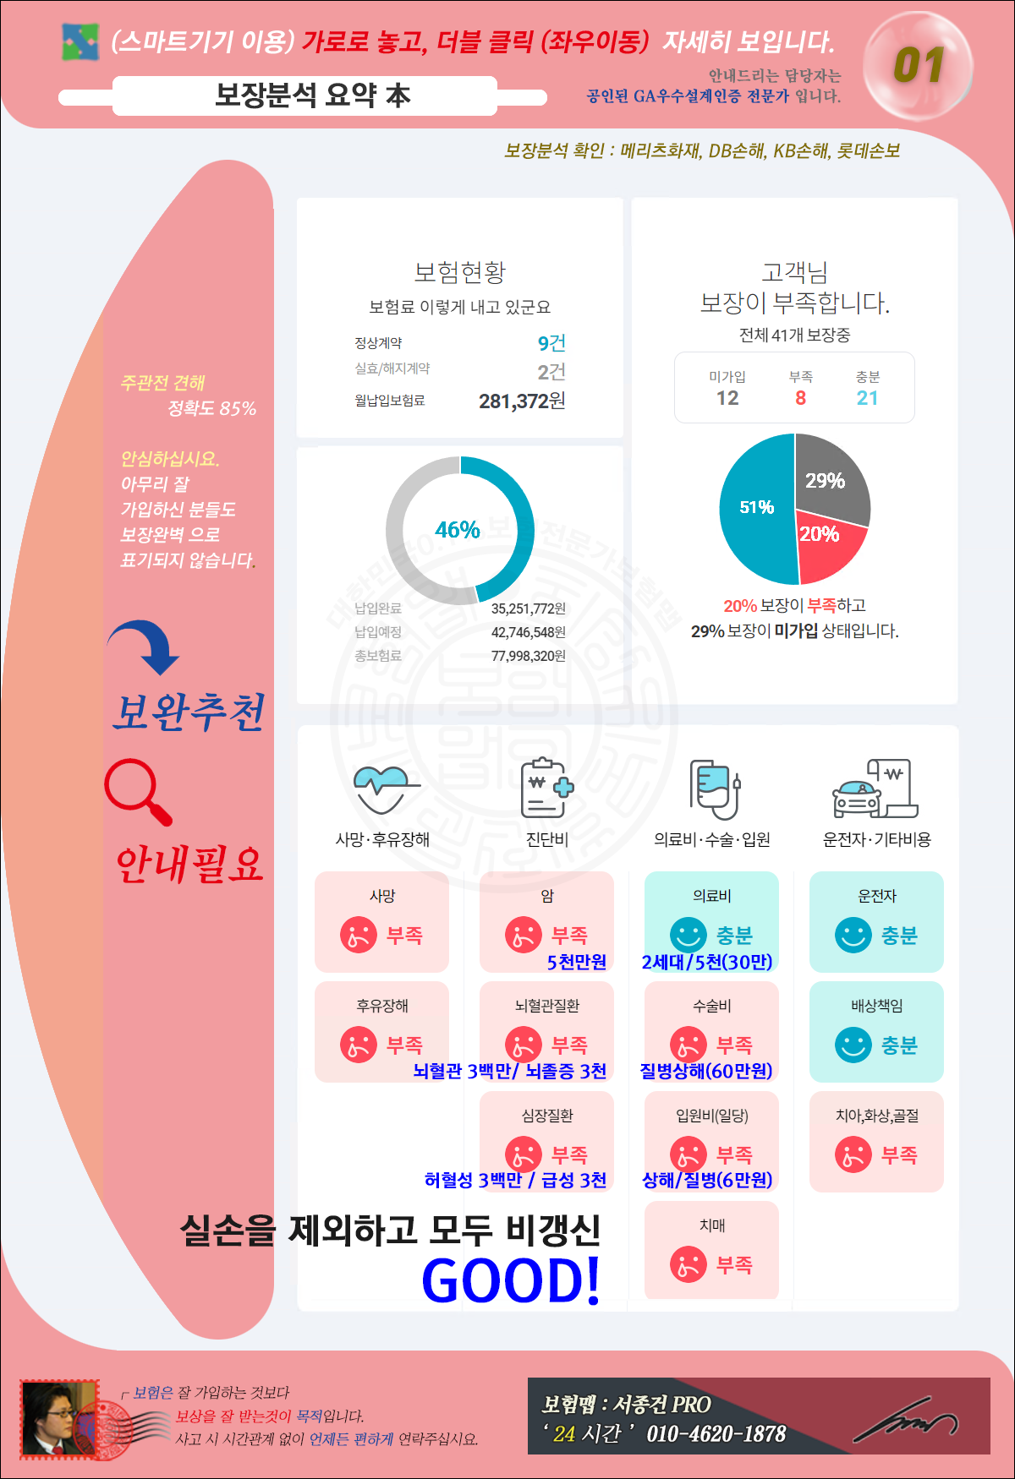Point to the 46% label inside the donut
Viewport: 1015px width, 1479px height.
pos(458,530)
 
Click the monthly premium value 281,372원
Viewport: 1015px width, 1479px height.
pos(522,401)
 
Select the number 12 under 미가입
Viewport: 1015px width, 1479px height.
pos(727,398)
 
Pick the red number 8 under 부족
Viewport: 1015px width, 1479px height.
pos(800,398)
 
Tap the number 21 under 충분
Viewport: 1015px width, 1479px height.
pos(867,398)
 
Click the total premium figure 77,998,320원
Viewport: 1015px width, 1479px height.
pos(528,656)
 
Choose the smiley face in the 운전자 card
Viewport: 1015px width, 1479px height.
pos(853,935)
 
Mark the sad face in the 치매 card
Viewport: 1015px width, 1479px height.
pos(688,1264)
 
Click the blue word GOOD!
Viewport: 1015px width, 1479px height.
pos(511,1280)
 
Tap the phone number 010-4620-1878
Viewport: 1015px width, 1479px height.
pos(716,1434)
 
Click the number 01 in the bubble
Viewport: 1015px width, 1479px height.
pos(919,66)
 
